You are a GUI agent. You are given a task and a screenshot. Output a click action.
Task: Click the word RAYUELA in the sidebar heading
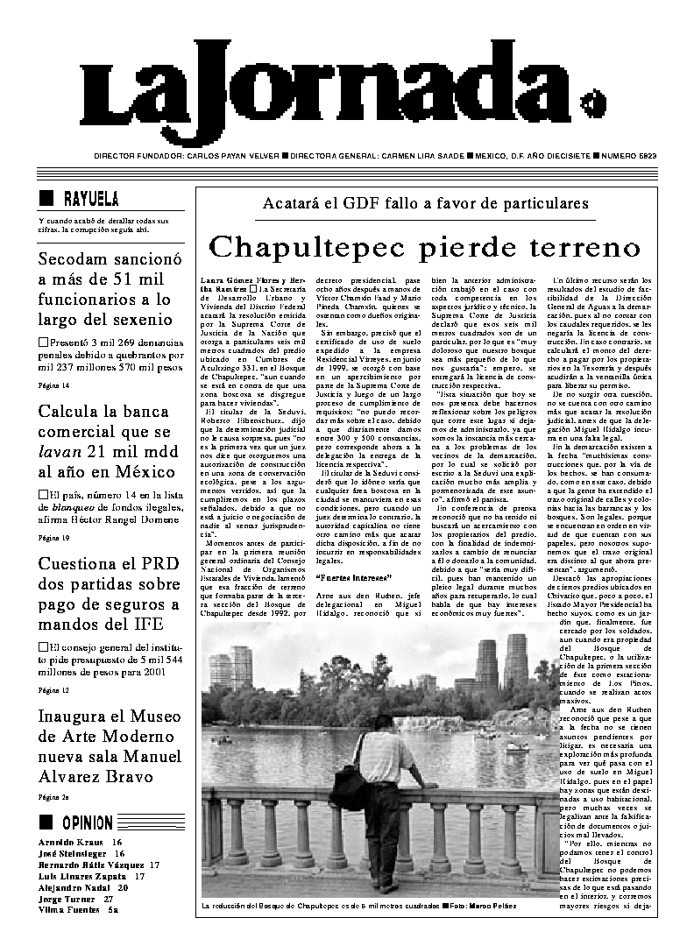click(92, 200)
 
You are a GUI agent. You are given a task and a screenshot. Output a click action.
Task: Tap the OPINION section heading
click(88, 822)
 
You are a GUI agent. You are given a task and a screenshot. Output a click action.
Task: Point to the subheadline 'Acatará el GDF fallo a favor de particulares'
click(425, 204)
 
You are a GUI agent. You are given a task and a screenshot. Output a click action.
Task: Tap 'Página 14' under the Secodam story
click(53, 385)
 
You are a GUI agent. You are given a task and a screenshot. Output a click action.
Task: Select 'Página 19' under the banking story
click(53, 537)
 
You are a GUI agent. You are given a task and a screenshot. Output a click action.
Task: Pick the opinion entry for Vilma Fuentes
click(74, 910)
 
